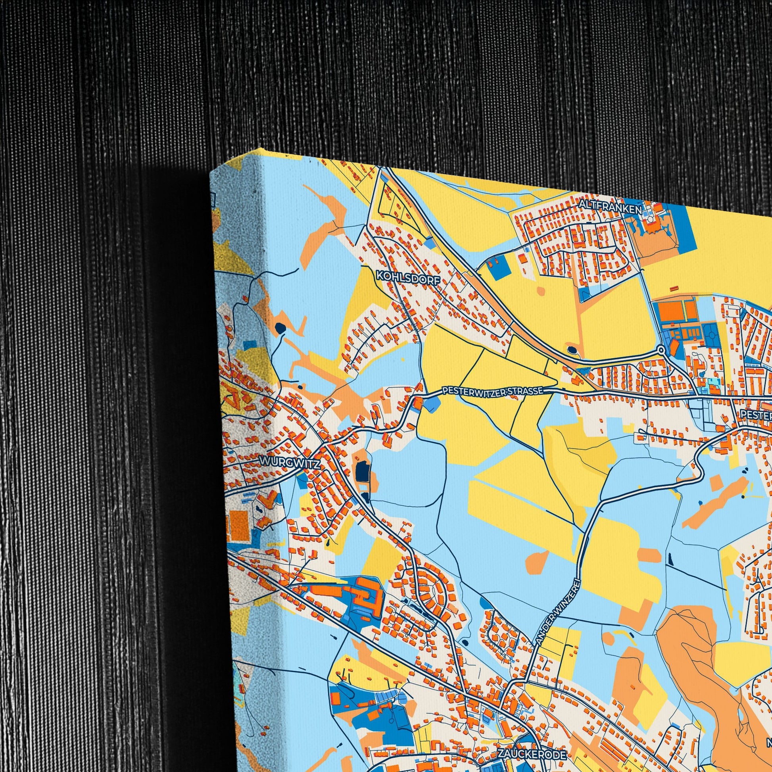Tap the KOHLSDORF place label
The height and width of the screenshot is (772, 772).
pos(407,276)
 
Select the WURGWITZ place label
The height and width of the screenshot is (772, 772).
pos(290,463)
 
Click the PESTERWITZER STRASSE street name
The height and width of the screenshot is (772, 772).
pos(492,392)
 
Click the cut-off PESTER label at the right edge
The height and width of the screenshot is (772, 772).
pos(756,415)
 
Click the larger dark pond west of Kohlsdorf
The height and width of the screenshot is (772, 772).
pos(280,328)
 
